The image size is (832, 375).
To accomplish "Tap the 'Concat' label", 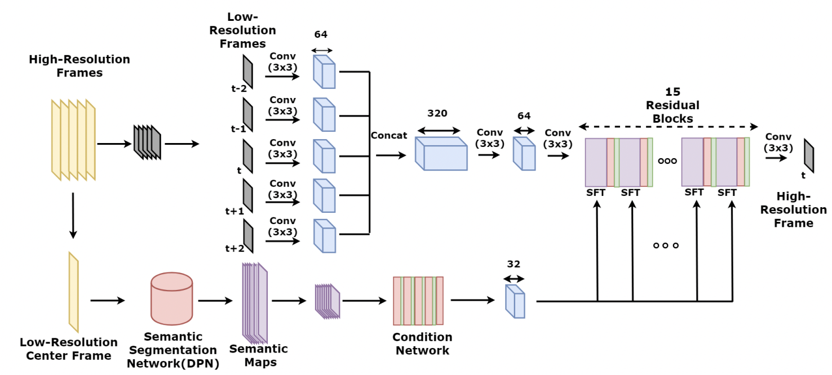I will (389, 136).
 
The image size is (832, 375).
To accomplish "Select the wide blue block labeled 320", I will (441, 153).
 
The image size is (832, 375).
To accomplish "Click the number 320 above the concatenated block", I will (437, 113).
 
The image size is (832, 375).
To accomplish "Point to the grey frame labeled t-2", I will (247, 72).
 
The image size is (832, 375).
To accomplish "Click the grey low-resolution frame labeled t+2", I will (247, 236).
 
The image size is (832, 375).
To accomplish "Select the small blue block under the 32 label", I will (515, 302).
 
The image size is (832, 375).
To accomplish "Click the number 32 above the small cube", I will (514, 264).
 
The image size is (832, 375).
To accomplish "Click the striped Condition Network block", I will (418, 301).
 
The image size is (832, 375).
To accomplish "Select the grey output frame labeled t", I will (809, 155).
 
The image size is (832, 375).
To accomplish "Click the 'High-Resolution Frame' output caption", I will (794, 209).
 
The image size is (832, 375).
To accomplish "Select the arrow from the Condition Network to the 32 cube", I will (472, 300).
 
